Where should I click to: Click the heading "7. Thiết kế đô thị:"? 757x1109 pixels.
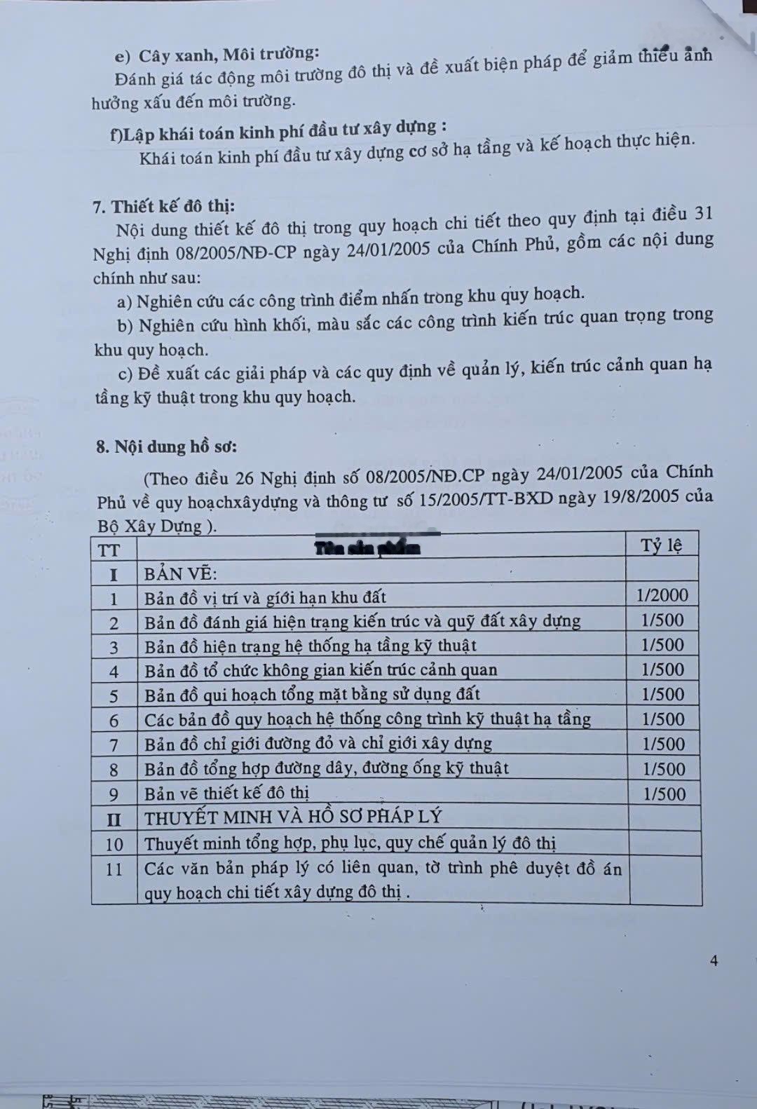click(163, 206)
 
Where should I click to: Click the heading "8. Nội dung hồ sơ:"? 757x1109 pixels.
click(166, 447)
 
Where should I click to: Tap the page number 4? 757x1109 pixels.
click(714, 960)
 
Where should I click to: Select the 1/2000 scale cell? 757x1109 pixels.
click(662, 595)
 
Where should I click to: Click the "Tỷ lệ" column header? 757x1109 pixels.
click(661, 545)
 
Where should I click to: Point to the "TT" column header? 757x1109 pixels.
click(109, 550)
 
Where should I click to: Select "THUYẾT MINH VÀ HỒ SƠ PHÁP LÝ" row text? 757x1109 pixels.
click(293, 817)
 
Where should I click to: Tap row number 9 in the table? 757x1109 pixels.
click(114, 794)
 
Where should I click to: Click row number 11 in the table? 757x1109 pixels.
click(114, 869)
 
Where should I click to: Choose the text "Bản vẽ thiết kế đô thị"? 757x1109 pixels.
click(226, 794)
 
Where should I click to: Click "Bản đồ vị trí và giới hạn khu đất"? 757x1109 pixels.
click(265, 598)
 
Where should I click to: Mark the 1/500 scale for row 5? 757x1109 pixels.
click(663, 694)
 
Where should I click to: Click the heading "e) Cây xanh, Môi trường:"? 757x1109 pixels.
click(217, 55)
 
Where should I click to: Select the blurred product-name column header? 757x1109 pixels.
click(367, 548)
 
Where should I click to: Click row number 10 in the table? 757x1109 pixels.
click(114, 844)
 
